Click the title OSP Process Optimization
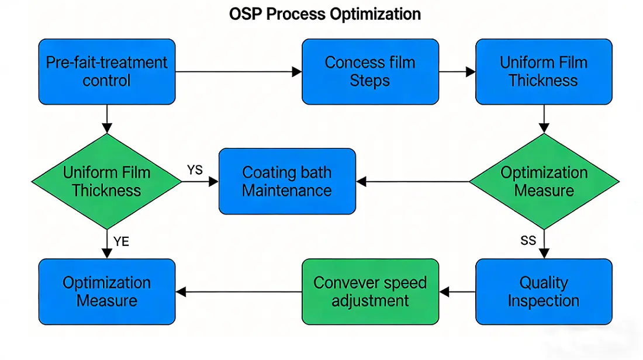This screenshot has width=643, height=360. [325, 14]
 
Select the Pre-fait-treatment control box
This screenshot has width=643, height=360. [106, 71]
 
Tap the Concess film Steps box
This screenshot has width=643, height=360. [369, 71]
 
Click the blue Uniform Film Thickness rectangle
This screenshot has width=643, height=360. [544, 71]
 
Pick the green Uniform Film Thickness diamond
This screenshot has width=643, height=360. [106, 182]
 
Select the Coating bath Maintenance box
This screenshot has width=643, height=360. [286, 181]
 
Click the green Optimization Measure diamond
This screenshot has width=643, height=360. [544, 182]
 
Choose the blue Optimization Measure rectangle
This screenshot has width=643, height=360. [106, 292]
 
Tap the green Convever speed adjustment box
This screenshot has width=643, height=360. [369, 292]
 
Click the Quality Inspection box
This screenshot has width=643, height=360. [544, 292]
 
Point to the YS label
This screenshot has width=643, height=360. [195, 170]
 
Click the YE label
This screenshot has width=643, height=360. [121, 241]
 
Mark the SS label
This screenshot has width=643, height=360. [528, 241]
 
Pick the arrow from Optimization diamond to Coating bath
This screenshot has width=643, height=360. [413, 182]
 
